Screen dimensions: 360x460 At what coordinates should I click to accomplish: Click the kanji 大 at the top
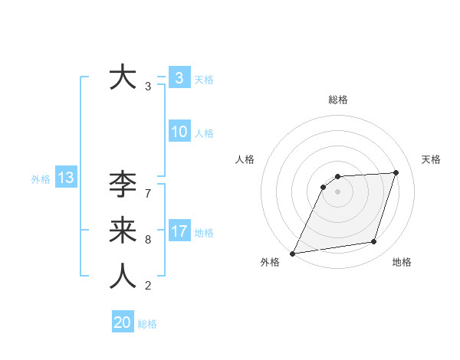click(x=123, y=78)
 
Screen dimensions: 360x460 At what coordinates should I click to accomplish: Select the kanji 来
click(x=123, y=231)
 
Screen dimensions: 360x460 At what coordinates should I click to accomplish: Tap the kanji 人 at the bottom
click(x=123, y=277)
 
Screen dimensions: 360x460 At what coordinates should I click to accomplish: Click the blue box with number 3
click(x=179, y=77)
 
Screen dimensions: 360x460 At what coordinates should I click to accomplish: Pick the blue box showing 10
click(x=179, y=132)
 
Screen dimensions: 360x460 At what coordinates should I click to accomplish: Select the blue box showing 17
click(x=179, y=231)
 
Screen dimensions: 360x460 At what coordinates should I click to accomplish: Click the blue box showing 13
click(x=65, y=178)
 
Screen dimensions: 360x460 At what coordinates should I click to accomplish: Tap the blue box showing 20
click(x=123, y=322)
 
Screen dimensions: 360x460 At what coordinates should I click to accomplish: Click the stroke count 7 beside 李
click(x=148, y=194)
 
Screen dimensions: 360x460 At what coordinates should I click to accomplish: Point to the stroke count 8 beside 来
click(x=148, y=240)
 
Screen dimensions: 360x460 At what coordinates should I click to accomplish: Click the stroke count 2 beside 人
click(x=148, y=286)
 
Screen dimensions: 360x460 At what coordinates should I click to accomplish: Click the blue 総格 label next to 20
click(x=147, y=324)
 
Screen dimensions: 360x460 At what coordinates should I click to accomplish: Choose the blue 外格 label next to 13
click(x=41, y=179)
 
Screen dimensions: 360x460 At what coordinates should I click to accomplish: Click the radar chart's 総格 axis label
click(x=338, y=100)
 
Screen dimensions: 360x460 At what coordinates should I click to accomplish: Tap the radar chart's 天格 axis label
click(x=431, y=159)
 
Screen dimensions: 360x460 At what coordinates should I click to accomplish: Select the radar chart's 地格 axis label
click(x=402, y=263)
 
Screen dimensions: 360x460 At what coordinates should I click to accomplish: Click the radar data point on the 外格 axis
click(x=293, y=253)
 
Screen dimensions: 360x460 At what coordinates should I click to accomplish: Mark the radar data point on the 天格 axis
click(x=396, y=172)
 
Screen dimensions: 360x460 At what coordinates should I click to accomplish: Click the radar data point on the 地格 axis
click(x=374, y=242)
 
